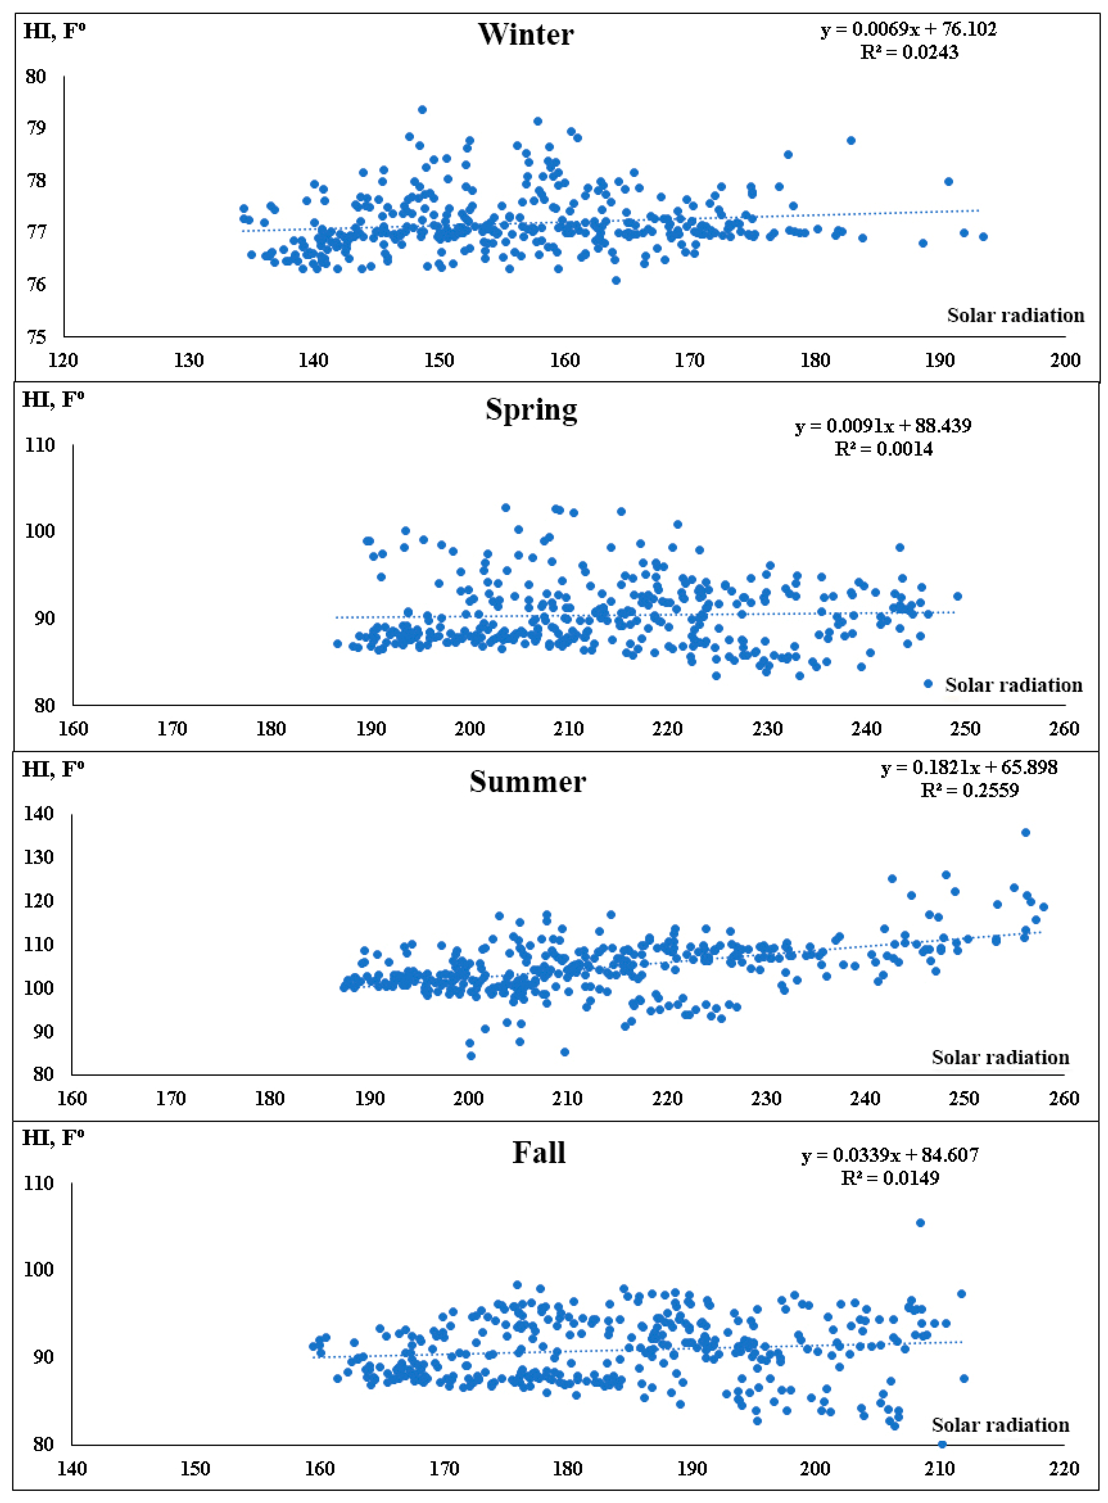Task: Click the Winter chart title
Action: [525, 34]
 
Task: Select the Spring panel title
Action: [531, 410]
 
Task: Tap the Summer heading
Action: [527, 781]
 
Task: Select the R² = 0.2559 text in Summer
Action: [969, 790]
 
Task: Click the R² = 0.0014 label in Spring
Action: [883, 449]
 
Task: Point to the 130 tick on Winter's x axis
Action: [188, 360]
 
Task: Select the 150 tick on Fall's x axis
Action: [195, 1468]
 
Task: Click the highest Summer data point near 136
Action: [1026, 832]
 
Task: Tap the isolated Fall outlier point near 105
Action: [920, 1222]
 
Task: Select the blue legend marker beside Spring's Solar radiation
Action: [928, 684]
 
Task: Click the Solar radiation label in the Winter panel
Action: [1015, 315]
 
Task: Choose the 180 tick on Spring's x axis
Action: [271, 729]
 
